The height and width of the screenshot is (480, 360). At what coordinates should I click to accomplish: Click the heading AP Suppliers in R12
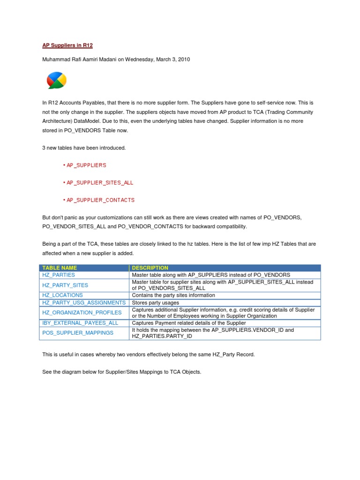(68, 45)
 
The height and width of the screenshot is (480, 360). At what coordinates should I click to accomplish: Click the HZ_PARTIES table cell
(59, 275)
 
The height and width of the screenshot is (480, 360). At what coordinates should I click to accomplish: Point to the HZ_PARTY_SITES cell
(65, 285)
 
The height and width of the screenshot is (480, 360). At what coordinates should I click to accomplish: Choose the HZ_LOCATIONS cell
(62, 295)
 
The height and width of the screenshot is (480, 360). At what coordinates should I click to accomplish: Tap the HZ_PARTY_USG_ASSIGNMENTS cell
(84, 303)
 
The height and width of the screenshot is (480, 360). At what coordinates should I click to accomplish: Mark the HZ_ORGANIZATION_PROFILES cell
(82, 313)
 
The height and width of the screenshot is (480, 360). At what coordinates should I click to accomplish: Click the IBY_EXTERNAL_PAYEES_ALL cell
(80, 323)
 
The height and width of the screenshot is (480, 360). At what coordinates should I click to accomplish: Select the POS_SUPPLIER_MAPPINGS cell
(78, 333)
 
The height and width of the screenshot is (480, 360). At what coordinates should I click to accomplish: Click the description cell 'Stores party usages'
(156, 303)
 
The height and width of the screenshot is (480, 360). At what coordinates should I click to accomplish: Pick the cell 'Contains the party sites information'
(173, 295)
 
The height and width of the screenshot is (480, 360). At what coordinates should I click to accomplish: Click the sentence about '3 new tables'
(84, 148)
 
